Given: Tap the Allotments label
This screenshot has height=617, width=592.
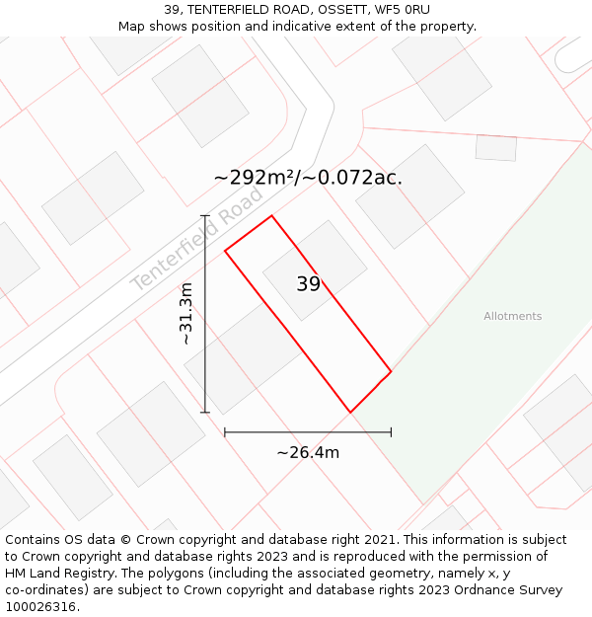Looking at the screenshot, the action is (512, 316).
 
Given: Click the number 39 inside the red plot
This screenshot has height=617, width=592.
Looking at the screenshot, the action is (308, 284).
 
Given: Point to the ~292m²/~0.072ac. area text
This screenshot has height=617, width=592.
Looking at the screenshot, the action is (308, 178).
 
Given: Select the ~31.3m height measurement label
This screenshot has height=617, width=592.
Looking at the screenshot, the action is (185, 314).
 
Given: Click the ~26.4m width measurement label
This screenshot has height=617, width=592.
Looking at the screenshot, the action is (308, 453).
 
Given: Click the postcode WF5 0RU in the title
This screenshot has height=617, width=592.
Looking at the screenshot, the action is (403, 10).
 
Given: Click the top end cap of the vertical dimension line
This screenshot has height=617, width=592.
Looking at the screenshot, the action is (205, 215).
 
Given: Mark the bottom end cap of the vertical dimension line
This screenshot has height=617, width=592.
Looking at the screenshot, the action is (205, 412).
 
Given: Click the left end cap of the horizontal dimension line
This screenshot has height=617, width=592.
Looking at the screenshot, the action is (225, 431).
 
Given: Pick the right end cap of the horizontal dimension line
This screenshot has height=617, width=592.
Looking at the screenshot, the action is (391, 431).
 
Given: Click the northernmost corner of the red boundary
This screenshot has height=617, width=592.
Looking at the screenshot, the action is (271, 215).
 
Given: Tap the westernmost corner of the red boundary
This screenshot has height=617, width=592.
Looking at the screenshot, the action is (225, 251).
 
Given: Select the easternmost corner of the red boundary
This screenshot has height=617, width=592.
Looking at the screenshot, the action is (391, 372).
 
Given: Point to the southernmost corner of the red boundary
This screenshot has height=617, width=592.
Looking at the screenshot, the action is (349, 412).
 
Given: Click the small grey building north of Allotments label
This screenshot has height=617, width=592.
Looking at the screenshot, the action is (495, 148).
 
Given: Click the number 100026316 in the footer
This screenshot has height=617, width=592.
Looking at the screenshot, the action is (39, 606).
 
